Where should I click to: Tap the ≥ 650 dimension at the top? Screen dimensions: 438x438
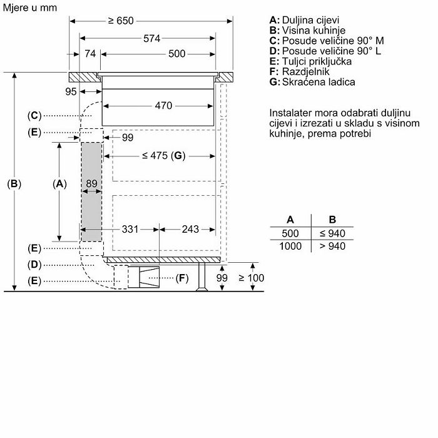click(x=121, y=21)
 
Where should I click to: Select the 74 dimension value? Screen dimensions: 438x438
click(x=90, y=54)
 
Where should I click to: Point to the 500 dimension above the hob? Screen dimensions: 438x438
click(x=177, y=54)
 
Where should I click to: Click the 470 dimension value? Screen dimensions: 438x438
click(x=163, y=106)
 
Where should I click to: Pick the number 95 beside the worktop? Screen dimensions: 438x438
click(x=70, y=92)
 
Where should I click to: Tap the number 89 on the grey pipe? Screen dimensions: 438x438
click(x=91, y=183)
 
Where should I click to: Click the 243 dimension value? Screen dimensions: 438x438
click(x=190, y=230)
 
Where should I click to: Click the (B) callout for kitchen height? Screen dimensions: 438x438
click(x=14, y=184)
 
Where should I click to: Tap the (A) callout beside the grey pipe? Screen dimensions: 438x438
click(x=59, y=184)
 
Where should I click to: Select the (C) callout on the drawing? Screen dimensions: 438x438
click(x=34, y=115)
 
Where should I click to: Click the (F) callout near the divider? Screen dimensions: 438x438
click(x=182, y=278)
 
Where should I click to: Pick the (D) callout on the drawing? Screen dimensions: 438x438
click(x=34, y=265)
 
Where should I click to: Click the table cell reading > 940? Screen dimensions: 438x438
click(x=332, y=247)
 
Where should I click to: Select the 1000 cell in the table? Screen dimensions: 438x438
click(x=290, y=247)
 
